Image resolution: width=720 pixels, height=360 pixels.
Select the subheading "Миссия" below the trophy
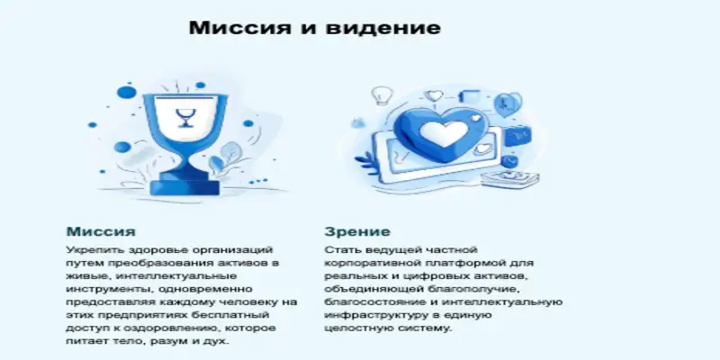[101, 231]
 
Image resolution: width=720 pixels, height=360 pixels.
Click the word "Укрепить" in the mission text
[92, 247]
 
